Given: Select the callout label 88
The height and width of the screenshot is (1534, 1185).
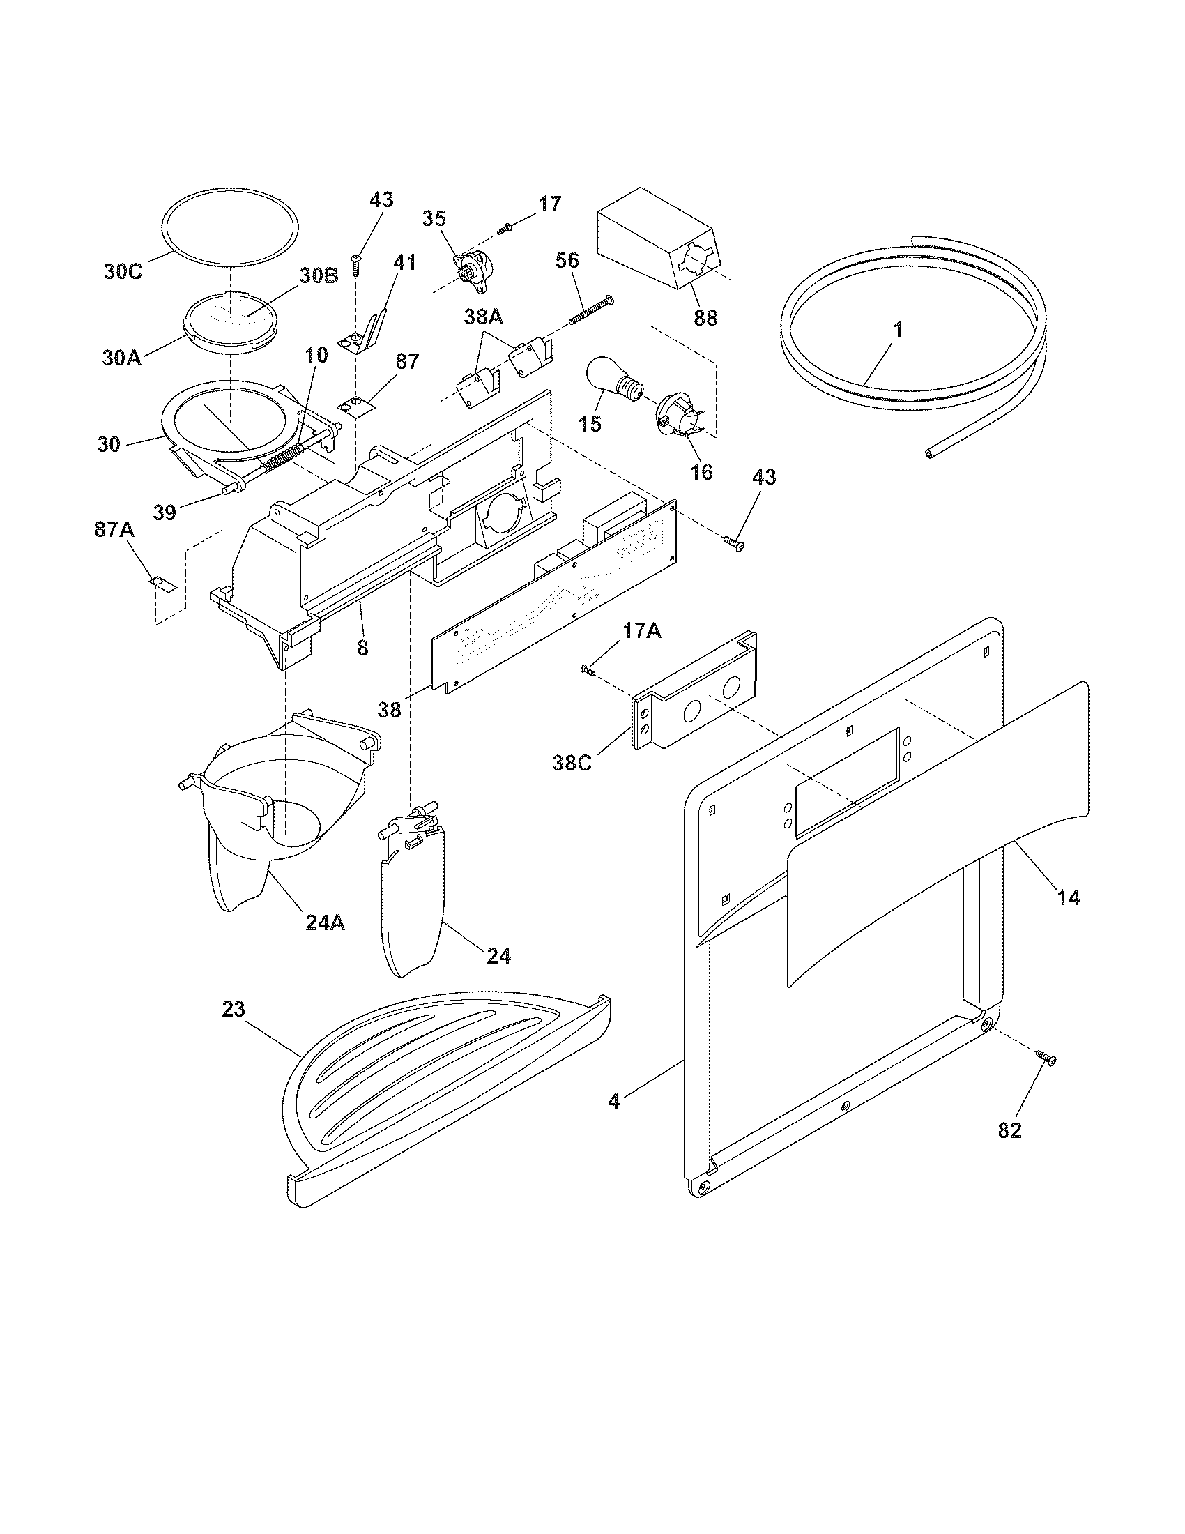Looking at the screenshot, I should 705,317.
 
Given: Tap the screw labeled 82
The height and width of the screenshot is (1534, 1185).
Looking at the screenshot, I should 1045,1077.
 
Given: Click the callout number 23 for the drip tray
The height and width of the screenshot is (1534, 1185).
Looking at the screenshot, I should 234,1010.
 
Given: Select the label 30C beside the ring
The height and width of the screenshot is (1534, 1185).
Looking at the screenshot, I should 123,272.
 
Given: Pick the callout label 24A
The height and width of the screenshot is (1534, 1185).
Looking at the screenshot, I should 325,922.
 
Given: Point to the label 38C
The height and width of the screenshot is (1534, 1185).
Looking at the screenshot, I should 572,761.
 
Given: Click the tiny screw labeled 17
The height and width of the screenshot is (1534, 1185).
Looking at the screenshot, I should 505,227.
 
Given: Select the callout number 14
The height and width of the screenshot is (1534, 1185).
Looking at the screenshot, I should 1069,897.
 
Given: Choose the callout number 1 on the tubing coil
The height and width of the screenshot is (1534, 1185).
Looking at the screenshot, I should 897,328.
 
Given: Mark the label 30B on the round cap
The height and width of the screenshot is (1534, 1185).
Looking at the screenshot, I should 319,276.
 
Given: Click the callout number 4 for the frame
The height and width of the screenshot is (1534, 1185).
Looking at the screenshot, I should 614,1101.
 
